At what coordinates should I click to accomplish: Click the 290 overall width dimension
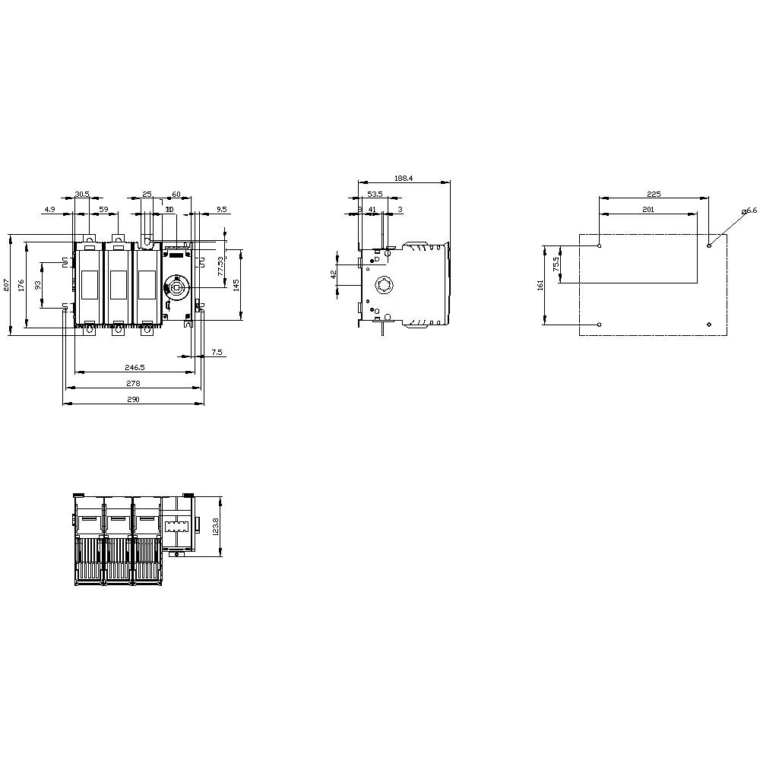click(x=133, y=400)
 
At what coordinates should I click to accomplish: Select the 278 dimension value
click(x=133, y=383)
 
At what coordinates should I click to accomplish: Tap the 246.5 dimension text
click(x=134, y=367)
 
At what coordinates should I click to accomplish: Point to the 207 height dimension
click(x=6, y=285)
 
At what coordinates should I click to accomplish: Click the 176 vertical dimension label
click(x=21, y=285)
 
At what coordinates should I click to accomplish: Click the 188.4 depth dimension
click(x=403, y=179)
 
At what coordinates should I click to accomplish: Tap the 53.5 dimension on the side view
click(x=375, y=195)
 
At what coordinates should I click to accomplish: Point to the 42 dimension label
click(x=334, y=274)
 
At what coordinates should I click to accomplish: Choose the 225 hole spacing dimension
click(x=653, y=195)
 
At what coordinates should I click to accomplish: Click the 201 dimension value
click(x=648, y=209)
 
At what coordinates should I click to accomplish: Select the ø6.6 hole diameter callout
click(x=749, y=211)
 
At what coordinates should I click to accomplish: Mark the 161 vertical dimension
click(x=540, y=285)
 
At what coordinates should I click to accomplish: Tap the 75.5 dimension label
click(x=556, y=264)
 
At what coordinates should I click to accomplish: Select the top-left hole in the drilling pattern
click(x=600, y=245)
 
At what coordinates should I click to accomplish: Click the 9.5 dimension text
click(x=221, y=208)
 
